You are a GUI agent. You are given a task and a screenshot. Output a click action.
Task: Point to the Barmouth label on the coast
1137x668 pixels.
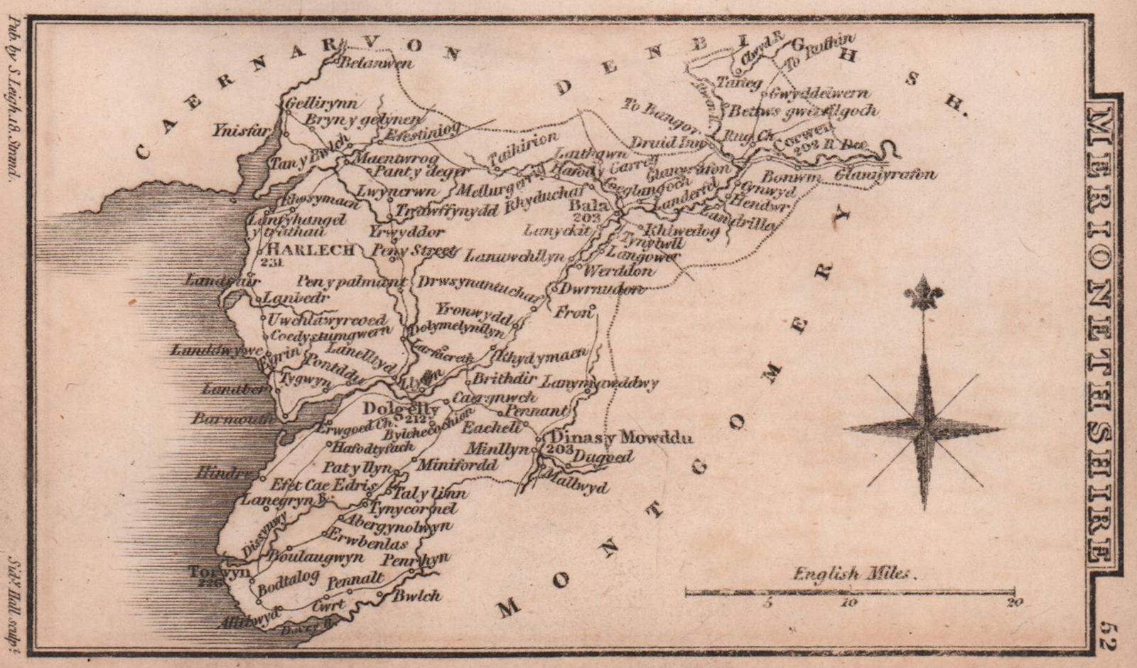(232, 419)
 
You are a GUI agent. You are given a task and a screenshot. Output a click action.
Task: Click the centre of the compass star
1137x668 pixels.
(924, 428)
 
